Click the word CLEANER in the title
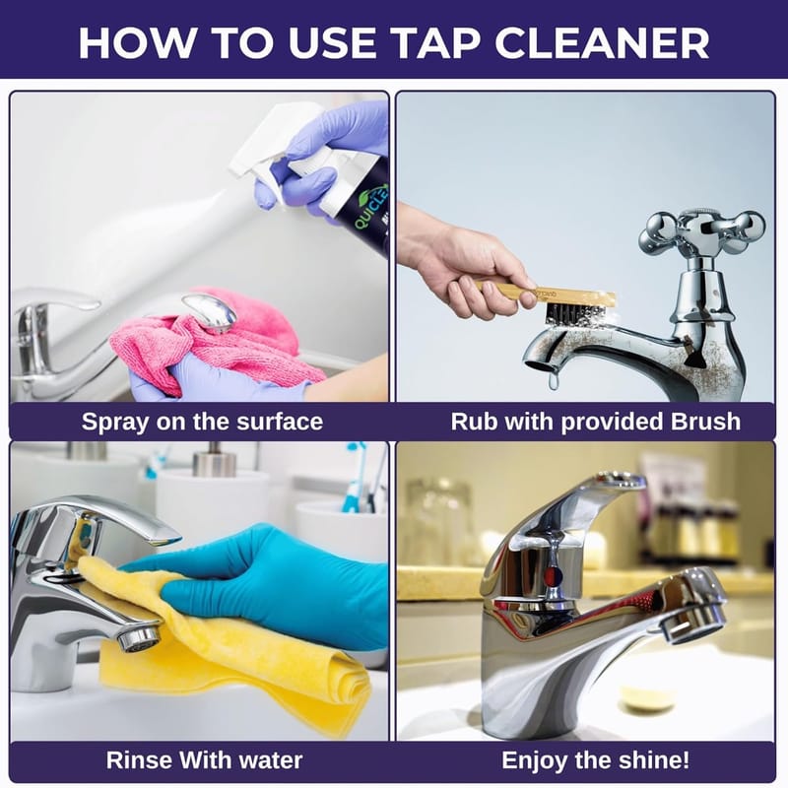pos(602,42)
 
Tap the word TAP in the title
pos(430,42)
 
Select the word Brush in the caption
pos(705,422)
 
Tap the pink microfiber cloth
pos(216,342)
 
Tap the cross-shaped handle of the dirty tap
pos(701,232)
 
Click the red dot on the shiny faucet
pos(551,573)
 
